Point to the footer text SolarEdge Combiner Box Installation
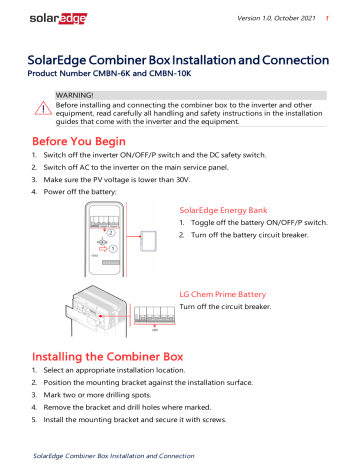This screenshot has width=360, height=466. pyautogui.click(x=113, y=456)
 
